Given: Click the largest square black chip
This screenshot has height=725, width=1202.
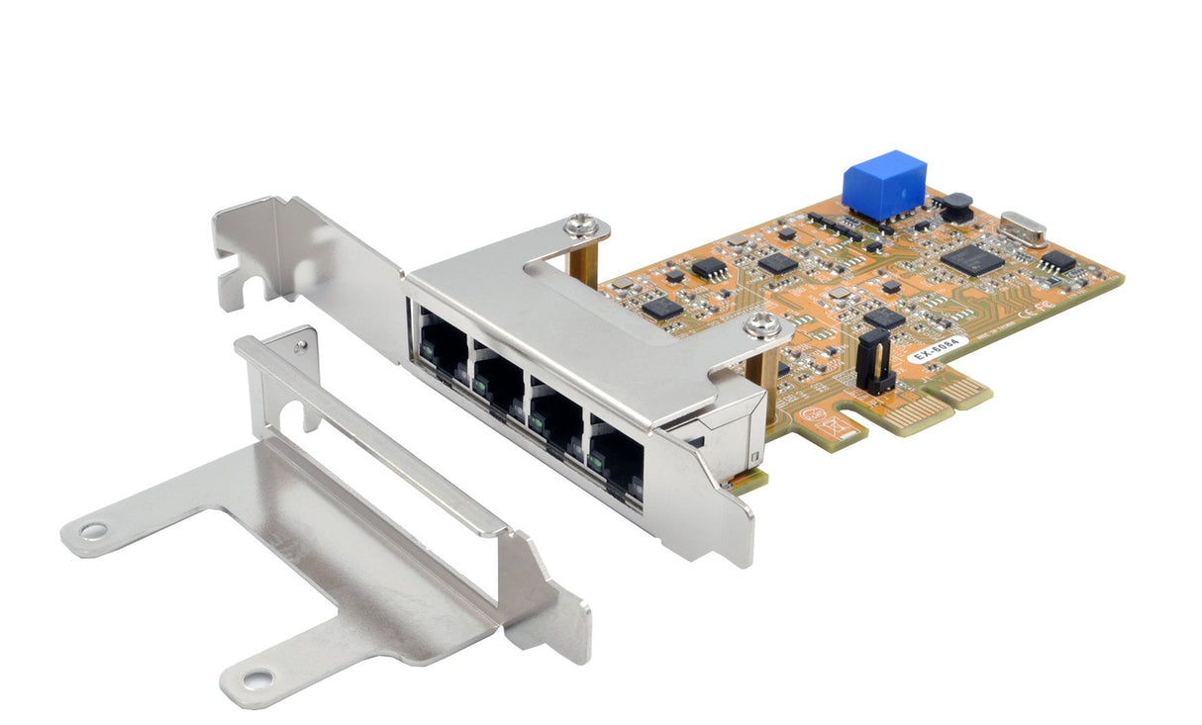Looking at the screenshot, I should coord(966,258).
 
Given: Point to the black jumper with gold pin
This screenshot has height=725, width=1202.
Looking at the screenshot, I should coord(874,361).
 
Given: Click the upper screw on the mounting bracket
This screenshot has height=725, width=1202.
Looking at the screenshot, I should coord(580,227).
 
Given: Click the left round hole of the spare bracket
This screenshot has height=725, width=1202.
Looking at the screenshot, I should coord(92,531).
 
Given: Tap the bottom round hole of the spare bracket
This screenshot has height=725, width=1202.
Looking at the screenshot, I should coord(257,679).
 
